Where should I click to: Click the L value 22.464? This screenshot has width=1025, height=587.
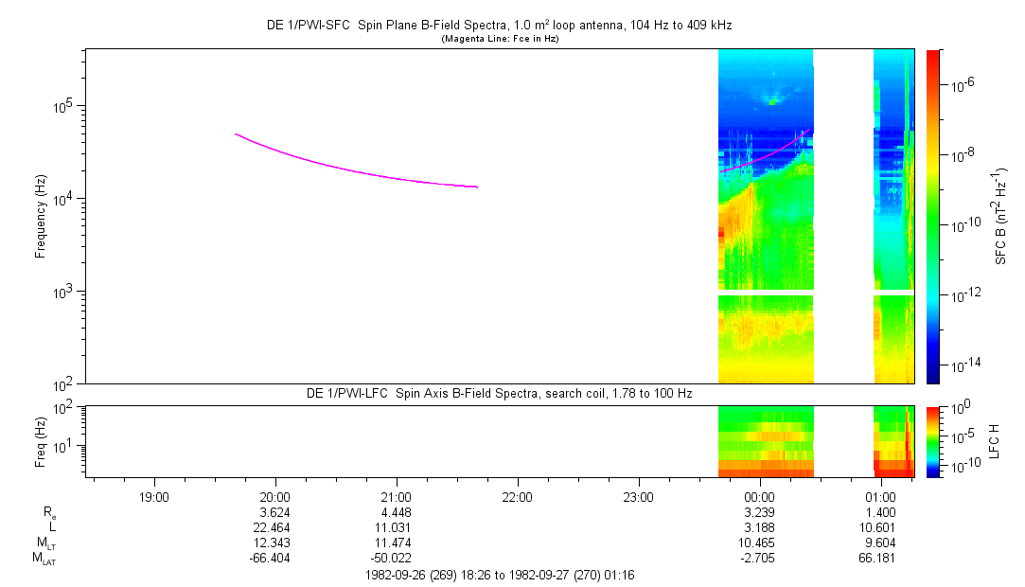tap(274, 527)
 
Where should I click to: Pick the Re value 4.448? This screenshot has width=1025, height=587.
tap(396, 512)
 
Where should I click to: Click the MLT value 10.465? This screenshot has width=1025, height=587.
tap(760, 543)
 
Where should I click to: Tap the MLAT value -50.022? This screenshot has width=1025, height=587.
tap(396, 558)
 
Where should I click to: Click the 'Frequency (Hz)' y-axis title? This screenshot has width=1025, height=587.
tap(41, 216)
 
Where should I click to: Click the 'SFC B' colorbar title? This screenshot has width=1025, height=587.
tap(1000, 216)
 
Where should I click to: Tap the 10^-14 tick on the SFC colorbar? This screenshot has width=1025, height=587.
tap(964, 365)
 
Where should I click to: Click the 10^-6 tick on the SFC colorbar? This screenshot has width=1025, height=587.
tap(964, 86)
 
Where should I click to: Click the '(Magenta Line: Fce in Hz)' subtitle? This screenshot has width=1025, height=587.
tap(500, 39)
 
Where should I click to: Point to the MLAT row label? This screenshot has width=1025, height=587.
tap(43, 559)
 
